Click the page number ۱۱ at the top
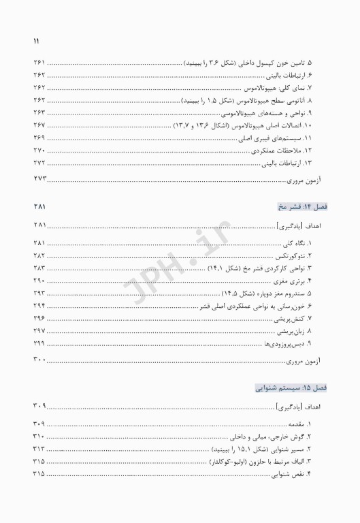tap(36, 41)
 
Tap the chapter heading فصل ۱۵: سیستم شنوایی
tap(289, 387)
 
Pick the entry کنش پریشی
tap(304, 318)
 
